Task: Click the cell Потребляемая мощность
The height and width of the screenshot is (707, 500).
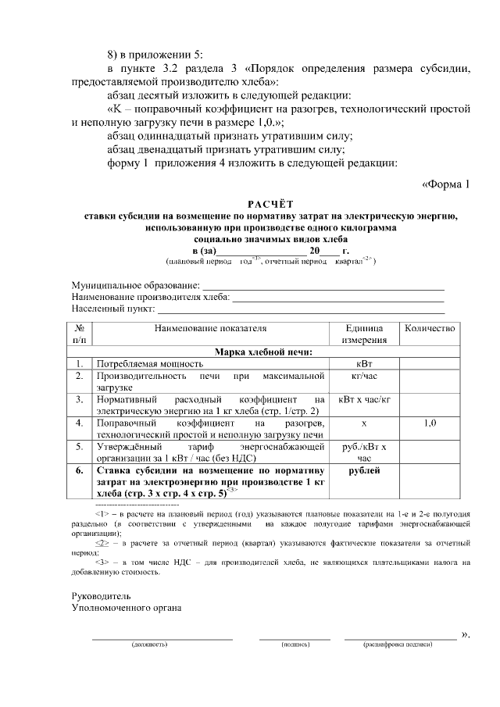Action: [x=150, y=363]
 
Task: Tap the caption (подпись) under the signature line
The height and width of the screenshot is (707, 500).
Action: [x=295, y=645]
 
